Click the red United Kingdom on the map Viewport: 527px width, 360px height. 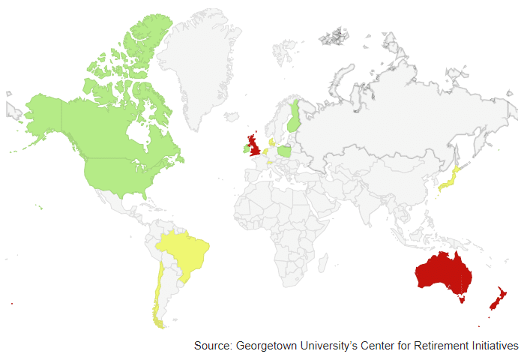coord(255,145)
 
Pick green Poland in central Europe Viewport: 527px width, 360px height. coord(286,151)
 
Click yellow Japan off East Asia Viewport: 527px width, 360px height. coord(450,181)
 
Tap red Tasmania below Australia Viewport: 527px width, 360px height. coord(462,298)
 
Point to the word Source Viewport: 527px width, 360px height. coord(212,346)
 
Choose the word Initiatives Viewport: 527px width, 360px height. coord(492,346)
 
